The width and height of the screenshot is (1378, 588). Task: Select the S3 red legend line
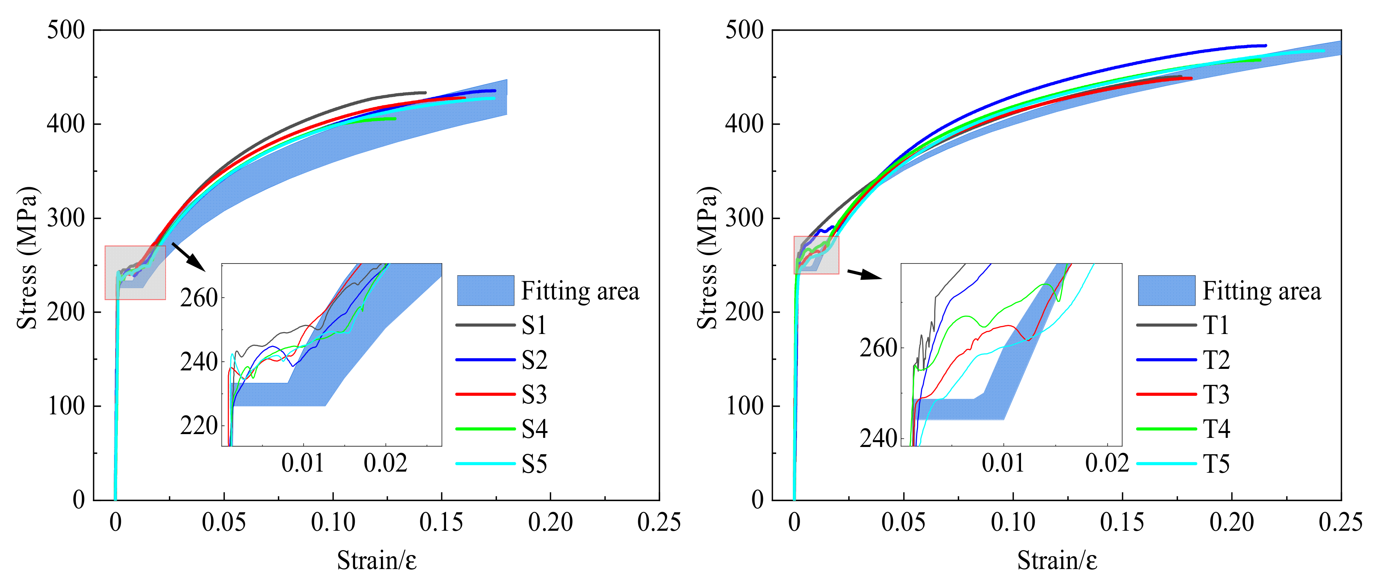tap(485, 394)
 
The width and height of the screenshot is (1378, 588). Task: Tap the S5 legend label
tap(534, 464)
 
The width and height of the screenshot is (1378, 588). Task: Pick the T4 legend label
tap(1216, 429)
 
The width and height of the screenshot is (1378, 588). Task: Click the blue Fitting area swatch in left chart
tap(485, 290)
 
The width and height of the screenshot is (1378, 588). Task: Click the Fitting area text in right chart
tap(1261, 291)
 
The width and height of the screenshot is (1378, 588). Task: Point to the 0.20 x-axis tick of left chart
tap(550, 522)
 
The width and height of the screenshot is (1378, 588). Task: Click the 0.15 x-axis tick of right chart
tap(1122, 522)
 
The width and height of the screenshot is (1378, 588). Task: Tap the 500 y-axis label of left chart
tap(66, 30)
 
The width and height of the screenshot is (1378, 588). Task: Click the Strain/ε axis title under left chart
tap(377, 561)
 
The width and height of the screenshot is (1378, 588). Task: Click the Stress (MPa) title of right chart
tap(707, 258)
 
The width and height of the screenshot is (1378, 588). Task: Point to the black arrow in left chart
tap(188, 257)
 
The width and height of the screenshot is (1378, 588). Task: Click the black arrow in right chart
tap(864, 274)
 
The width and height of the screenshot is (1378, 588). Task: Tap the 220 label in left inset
tap(199, 426)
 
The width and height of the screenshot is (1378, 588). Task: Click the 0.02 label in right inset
tap(1107, 463)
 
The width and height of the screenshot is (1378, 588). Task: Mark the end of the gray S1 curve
tap(425, 93)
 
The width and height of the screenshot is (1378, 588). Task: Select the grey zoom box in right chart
tap(816, 255)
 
